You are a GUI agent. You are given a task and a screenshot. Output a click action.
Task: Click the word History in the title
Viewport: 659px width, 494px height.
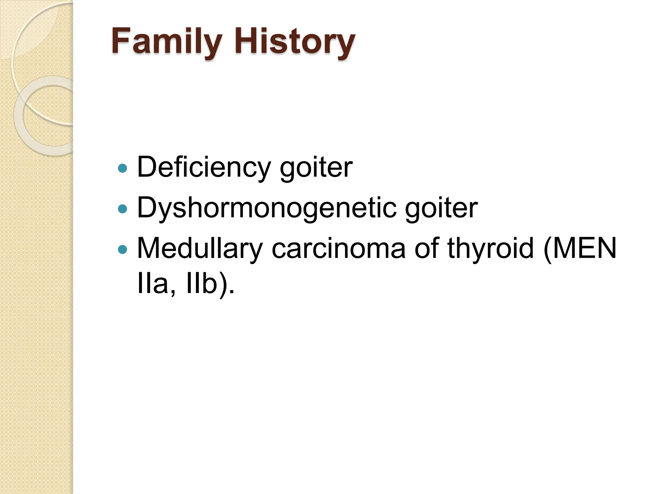(x=294, y=42)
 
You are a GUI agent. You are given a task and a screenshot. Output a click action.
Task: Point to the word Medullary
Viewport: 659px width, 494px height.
(x=200, y=248)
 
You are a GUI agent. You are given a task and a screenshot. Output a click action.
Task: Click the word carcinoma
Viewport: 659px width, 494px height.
(x=338, y=248)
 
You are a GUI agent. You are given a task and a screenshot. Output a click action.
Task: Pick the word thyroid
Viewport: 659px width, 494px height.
(x=490, y=248)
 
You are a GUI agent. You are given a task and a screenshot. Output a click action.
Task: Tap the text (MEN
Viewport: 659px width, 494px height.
(x=580, y=248)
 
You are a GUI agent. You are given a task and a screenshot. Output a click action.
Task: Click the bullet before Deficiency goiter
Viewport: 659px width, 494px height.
(x=123, y=168)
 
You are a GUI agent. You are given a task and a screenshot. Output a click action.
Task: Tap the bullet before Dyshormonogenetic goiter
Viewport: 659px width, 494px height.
(x=123, y=209)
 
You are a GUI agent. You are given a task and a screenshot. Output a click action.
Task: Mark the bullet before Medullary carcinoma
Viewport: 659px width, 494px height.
(x=123, y=250)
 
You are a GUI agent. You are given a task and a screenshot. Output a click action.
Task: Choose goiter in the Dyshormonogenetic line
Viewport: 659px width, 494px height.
(x=441, y=208)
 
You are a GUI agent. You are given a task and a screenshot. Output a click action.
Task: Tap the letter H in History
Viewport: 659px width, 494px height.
(x=246, y=41)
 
